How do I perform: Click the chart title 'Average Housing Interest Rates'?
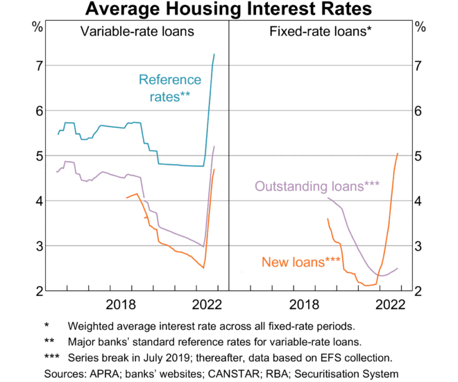(x=228, y=10)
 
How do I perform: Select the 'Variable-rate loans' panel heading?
(x=137, y=31)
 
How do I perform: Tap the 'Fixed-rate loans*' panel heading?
(x=320, y=31)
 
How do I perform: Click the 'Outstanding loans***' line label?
(x=317, y=186)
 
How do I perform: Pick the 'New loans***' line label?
(x=300, y=262)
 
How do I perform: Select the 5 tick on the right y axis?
(x=418, y=156)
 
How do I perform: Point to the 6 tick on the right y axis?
(x=418, y=110)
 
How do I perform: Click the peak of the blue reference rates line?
(x=214, y=54)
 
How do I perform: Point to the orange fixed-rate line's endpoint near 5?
(x=398, y=153)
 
